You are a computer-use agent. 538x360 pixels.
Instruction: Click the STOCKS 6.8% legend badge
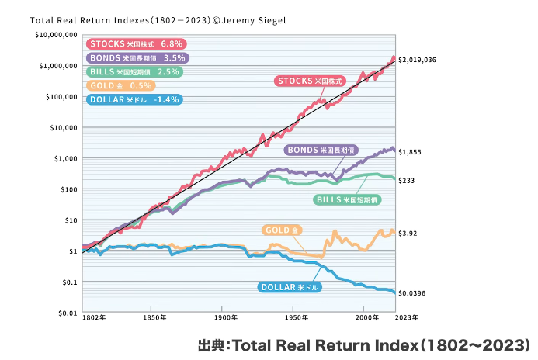tap(130, 44)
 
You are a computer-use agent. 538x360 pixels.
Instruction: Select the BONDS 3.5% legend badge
tap(136, 58)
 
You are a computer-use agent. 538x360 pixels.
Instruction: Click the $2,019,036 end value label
tap(417, 60)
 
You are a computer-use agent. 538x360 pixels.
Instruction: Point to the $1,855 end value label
tap(409, 153)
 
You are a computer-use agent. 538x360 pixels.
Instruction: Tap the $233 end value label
tap(406, 181)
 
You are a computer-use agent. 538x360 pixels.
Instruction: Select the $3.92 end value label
tap(408, 233)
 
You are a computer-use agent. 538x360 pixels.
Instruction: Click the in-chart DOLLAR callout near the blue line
tap(288, 286)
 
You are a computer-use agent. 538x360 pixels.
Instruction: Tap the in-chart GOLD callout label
tap(282, 230)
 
